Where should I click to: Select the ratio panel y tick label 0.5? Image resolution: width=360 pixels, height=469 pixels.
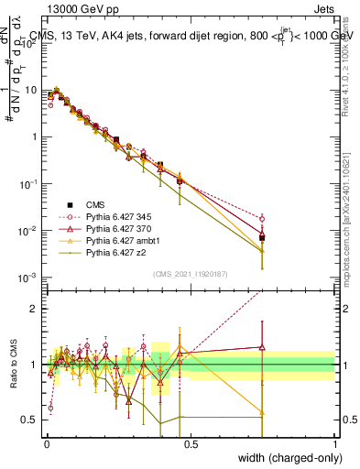coord(30,420)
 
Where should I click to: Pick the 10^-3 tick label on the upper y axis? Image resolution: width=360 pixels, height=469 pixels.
coord(27,277)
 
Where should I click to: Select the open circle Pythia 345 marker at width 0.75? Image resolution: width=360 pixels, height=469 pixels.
coord(263,218)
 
